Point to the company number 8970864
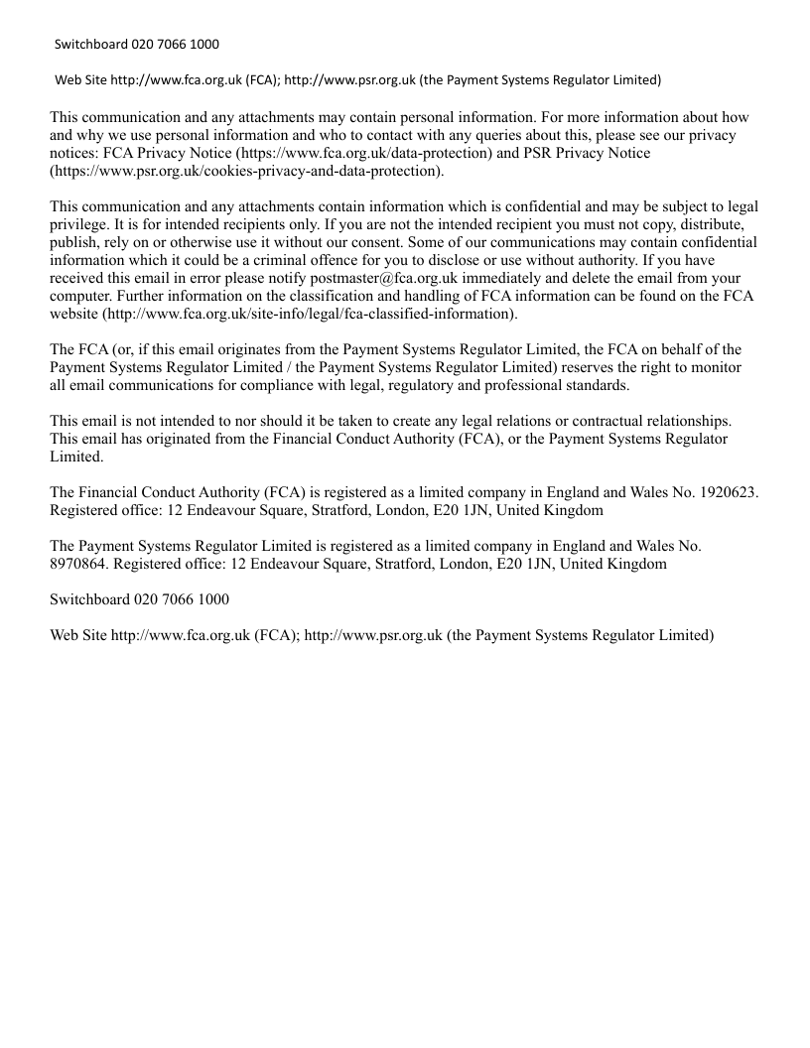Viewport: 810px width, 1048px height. [80, 564]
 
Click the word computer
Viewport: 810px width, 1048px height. [82, 297]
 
